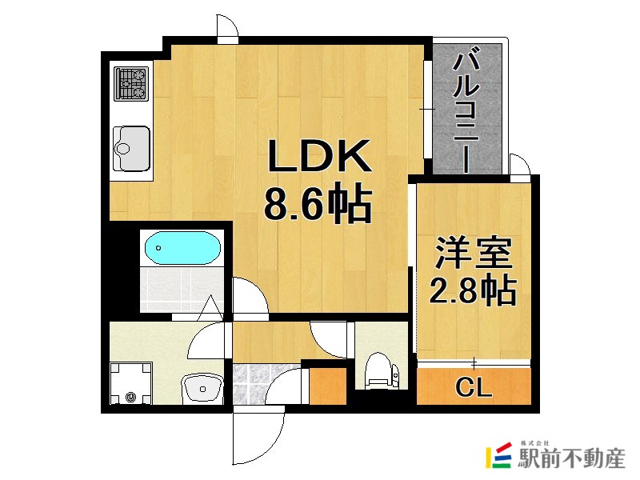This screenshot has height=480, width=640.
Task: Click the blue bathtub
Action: click(182, 248)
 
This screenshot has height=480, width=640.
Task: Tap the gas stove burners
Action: click(131, 84)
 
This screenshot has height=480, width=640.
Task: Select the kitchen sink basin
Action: click(131, 149)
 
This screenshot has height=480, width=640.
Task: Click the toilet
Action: click(382, 370)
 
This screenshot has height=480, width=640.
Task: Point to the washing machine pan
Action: click(131, 383)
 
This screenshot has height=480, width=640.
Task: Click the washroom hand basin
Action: click(202, 389)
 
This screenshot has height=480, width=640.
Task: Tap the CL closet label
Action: click(474, 387)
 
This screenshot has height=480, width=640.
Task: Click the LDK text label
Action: click(319, 156)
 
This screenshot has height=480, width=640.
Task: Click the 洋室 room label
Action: click(474, 253)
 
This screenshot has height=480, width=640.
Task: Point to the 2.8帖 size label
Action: click(473, 290)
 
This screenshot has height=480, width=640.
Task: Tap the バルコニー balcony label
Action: click(466, 110)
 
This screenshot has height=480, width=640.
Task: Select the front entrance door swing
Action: click(258, 436)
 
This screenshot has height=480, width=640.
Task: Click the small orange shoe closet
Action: click(328, 386)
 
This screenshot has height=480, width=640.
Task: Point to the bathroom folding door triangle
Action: click(211, 308)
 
